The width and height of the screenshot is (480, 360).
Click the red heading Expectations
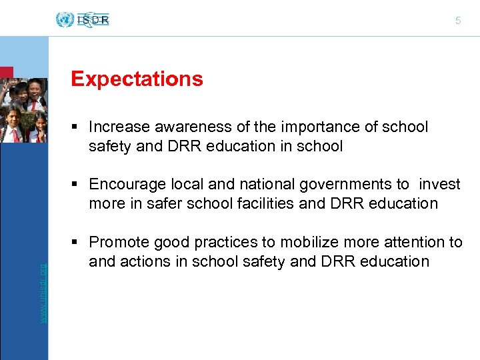(137, 79)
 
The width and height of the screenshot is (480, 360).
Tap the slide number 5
(458, 21)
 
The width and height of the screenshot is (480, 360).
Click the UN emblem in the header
(65, 20)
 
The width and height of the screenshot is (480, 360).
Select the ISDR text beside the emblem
(93, 20)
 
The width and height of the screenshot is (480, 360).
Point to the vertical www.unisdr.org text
(43, 293)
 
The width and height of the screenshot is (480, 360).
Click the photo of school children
(24, 110)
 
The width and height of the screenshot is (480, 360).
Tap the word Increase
(115, 127)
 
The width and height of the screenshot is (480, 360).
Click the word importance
(291, 127)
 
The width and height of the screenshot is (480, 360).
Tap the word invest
(439, 185)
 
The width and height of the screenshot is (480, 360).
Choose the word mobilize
(310, 242)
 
